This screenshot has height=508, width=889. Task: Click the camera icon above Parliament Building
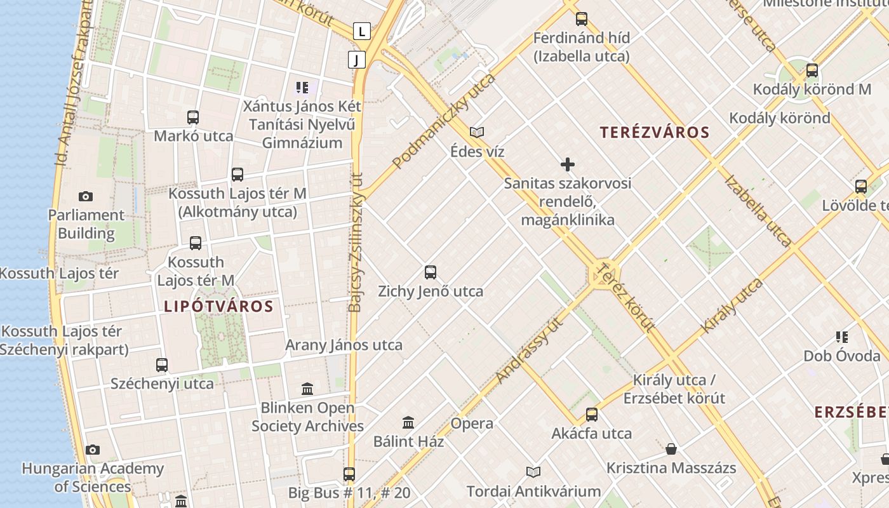[85, 197]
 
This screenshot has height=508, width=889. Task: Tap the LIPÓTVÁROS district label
[218, 307]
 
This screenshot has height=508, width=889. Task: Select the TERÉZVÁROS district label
[655, 133]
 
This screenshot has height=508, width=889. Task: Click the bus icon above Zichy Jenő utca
[431, 273]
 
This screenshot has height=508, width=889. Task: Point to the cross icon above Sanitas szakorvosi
[568, 165]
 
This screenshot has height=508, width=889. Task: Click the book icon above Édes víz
[477, 132]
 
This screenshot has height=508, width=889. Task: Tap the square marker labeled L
[362, 30]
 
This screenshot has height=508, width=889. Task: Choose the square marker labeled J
[357, 60]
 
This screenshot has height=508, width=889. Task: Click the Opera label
[472, 424]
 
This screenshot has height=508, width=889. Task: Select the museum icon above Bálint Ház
[408, 422]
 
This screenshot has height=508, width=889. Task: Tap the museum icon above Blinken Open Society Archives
[307, 389]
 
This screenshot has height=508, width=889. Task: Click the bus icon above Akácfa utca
[592, 415]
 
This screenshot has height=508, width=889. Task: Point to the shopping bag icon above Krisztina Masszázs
[671, 450]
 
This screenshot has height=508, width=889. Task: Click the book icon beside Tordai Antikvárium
[533, 472]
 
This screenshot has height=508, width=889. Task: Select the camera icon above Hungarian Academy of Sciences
[93, 450]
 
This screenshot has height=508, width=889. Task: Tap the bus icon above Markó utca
[193, 117]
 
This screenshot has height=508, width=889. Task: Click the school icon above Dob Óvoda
[842, 337]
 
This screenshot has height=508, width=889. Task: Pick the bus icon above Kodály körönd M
[812, 70]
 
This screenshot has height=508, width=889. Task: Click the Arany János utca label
[344, 345]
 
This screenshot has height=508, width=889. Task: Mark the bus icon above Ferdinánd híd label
[582, 19]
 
